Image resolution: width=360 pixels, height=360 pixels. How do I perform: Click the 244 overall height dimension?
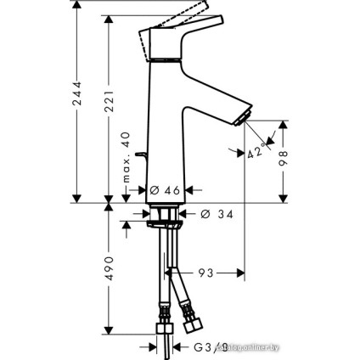point(77,95)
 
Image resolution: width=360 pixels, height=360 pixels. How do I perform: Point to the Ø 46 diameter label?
point(166,191)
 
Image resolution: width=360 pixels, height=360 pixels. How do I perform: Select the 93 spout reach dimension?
point(205,273)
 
